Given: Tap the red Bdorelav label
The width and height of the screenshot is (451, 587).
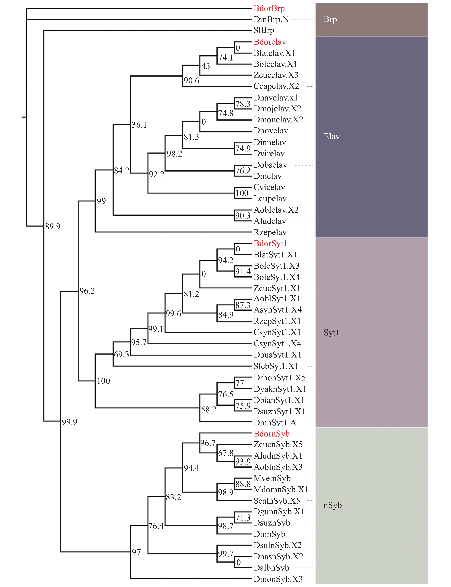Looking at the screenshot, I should (270, 42).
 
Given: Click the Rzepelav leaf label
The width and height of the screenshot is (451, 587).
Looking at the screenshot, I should (270, 232).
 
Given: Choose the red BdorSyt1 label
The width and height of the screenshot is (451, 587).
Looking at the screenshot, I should (270, 244).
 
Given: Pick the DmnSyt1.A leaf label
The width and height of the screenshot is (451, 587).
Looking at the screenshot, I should (275, 423).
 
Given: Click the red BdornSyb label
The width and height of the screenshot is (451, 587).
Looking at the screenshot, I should (272, 434).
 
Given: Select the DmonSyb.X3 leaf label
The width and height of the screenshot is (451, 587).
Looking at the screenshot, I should (278, 579).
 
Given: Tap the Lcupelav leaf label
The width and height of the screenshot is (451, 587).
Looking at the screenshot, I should (270, 199).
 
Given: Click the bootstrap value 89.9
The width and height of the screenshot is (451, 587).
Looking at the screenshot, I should (53, 226).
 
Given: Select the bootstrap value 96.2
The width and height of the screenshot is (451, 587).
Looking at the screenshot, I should (87, 291).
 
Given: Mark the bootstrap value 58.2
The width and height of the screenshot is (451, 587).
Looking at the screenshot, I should (209, 410).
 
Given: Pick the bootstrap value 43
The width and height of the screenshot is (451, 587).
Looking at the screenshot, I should (206, 66).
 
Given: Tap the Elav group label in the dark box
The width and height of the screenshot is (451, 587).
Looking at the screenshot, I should (332, 136).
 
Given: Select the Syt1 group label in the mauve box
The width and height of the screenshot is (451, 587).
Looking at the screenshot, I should (332, 333).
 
